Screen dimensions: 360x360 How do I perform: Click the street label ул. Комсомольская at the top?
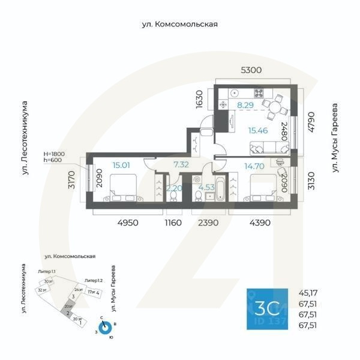click(179, 25)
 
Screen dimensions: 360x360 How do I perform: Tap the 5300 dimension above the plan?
click(251, 70)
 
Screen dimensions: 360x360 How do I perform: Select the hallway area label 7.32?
click(181, 164)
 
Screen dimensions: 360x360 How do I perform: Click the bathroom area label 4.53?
click(206, 187)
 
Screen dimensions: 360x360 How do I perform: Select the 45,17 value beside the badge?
click(307, 293)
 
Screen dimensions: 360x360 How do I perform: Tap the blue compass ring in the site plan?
click(106, 328)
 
